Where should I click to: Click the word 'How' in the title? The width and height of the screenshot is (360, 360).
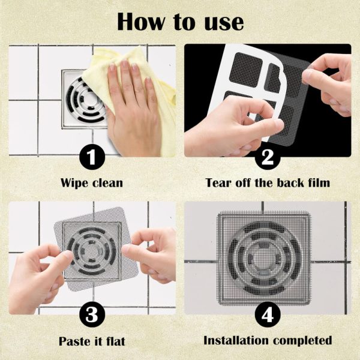[x=141, y=22]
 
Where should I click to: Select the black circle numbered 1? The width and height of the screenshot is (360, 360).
[x=92, y=157]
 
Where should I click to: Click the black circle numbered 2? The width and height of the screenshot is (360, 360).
[x=268, y=157]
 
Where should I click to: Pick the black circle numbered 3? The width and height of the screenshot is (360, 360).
[x=92, y=314]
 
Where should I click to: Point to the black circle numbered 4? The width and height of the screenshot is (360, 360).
[x=268, y=314]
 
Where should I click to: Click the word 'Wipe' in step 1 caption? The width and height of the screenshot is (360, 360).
[x=74, y=184]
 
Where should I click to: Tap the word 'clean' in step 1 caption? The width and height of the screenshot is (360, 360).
[x=107, y=183]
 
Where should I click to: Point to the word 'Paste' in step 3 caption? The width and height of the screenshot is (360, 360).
[x=74, y=341]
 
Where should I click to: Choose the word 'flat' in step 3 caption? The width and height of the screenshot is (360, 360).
[x=116, y=341]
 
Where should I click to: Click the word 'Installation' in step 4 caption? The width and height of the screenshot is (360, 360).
[x=236, y=340]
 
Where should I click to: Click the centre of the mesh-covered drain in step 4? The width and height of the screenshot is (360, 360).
[x=264, y=258]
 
